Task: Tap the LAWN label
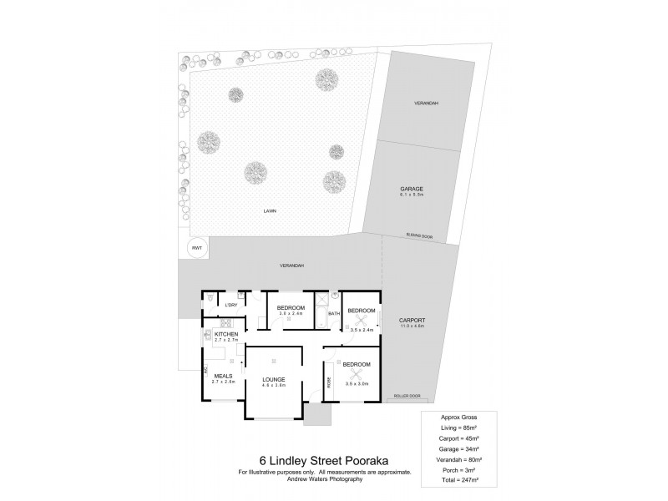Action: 270,211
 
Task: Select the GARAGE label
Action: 412,190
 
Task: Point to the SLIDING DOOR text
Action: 417,236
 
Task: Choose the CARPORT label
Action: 412,321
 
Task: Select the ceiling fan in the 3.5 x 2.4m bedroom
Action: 362,318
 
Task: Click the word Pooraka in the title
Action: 371,460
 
